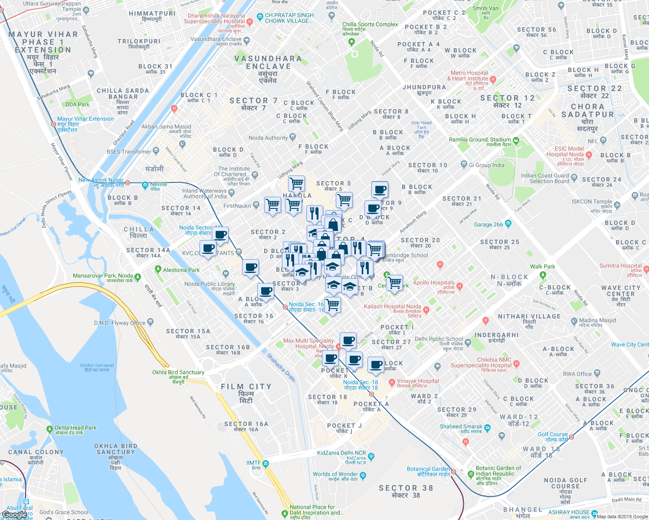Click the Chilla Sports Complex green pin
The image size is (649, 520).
coord(352,42)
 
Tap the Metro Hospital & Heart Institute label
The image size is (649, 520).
coord(469,76)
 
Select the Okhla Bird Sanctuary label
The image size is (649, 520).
coord(178,372)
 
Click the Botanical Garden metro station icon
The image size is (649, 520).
coord(453,471)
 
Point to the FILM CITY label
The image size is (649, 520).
coord(246,387)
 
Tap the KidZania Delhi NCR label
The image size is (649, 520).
coord(341,453)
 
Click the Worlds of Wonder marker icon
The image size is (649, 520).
coord(363,475)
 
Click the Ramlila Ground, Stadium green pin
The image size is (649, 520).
coord(516,140)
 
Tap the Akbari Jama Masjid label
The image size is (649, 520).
coord(166,127)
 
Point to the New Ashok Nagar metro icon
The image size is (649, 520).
coord(127,183)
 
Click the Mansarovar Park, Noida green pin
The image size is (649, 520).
coord(138,276)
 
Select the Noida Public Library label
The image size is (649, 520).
coord(210,284)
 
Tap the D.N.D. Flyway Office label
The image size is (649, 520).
coord(120,323)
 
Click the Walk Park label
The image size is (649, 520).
coord(542,266)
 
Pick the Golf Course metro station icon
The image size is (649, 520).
coord(572,437)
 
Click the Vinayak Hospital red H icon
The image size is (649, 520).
coord(392,382)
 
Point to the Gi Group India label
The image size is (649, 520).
coord(486,165)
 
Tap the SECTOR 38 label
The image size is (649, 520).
coord(406,488)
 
